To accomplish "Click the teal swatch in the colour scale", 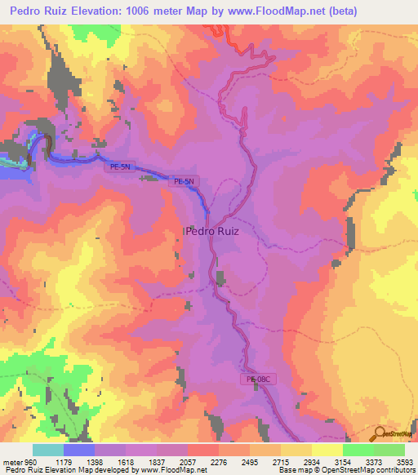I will pyautogui.click(x=48, y=450).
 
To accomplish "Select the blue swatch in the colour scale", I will pyautogui.click(x=79, y=450).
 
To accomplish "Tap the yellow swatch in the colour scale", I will pyautogui.click(x=327, y=450).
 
